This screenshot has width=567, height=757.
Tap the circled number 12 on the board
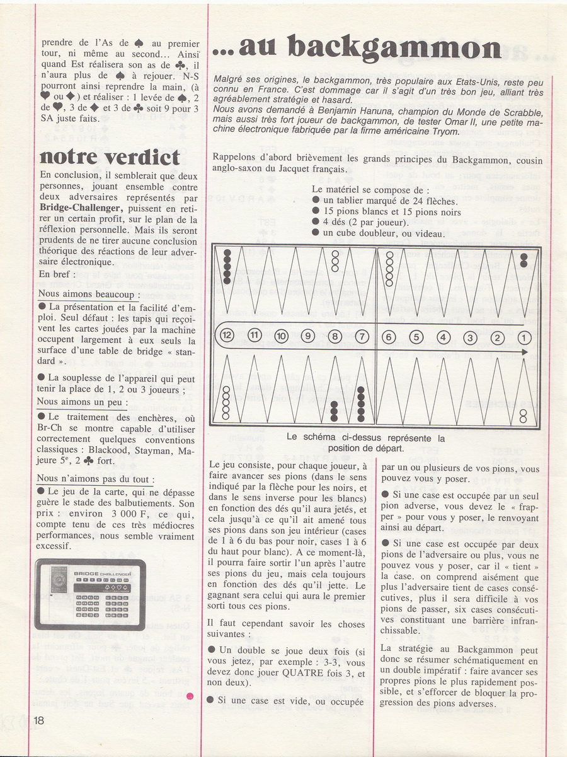point(227,336)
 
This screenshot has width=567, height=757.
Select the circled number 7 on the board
point(360,336)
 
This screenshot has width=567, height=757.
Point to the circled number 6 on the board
point(388,336)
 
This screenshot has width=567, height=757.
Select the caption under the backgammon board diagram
point(365,443)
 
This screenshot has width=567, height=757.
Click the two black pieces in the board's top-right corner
point(524,260)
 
